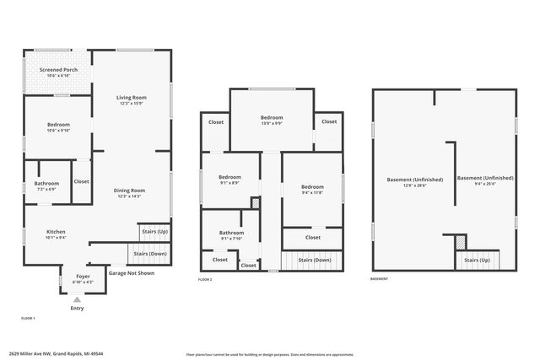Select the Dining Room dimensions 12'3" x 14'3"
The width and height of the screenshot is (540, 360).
(x=130, y=196)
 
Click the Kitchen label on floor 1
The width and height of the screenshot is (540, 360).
(x=56, y=232)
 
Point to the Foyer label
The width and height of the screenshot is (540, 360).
(x=84, y=276)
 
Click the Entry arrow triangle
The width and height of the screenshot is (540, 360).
(x=77, y=299)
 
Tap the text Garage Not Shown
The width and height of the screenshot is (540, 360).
(x=130, y=273)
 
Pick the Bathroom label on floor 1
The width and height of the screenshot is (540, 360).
(x=46, y=183)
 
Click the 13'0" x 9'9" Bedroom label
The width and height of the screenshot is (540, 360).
(x=271, y=117)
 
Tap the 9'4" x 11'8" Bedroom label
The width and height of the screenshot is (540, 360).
(x=312, y=186)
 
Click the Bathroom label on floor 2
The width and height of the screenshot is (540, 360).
(x=231, y=233)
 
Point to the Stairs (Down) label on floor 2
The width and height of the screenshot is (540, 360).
(x=316, y=261)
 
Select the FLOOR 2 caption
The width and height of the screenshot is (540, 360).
(x=205, y=279)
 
